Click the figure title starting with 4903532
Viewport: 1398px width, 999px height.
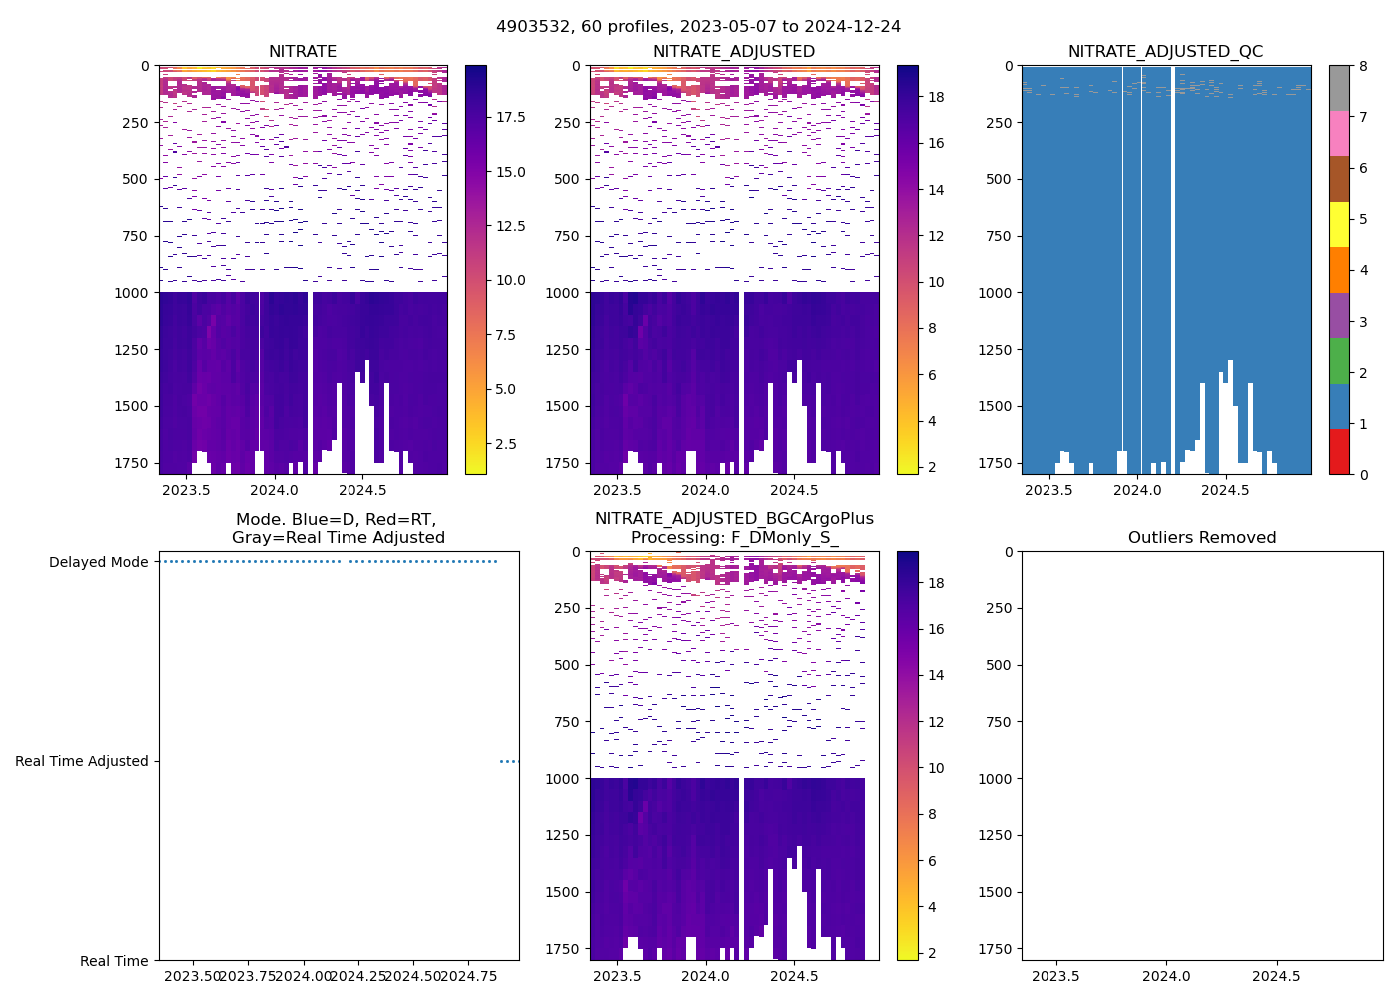point(698,27)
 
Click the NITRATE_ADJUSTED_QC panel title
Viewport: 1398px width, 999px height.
point(1165,52)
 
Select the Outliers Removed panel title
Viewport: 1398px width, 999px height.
point(1201,538)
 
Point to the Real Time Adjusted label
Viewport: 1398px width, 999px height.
point(81,761)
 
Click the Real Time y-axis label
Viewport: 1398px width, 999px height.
point(114,961)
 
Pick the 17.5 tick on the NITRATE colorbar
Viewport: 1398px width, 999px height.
point(511,117)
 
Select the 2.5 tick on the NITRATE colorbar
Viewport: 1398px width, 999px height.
point(506,443)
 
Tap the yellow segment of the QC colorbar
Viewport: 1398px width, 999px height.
point(1339,224)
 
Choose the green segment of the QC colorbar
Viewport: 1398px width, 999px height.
point(1339,361)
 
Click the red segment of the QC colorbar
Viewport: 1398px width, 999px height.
point(1339,452)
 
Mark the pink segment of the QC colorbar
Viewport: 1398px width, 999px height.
point(1339,133)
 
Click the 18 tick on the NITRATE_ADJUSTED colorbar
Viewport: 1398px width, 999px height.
point(936,97)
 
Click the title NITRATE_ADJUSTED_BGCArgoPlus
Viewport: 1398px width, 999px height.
point(734,519)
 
